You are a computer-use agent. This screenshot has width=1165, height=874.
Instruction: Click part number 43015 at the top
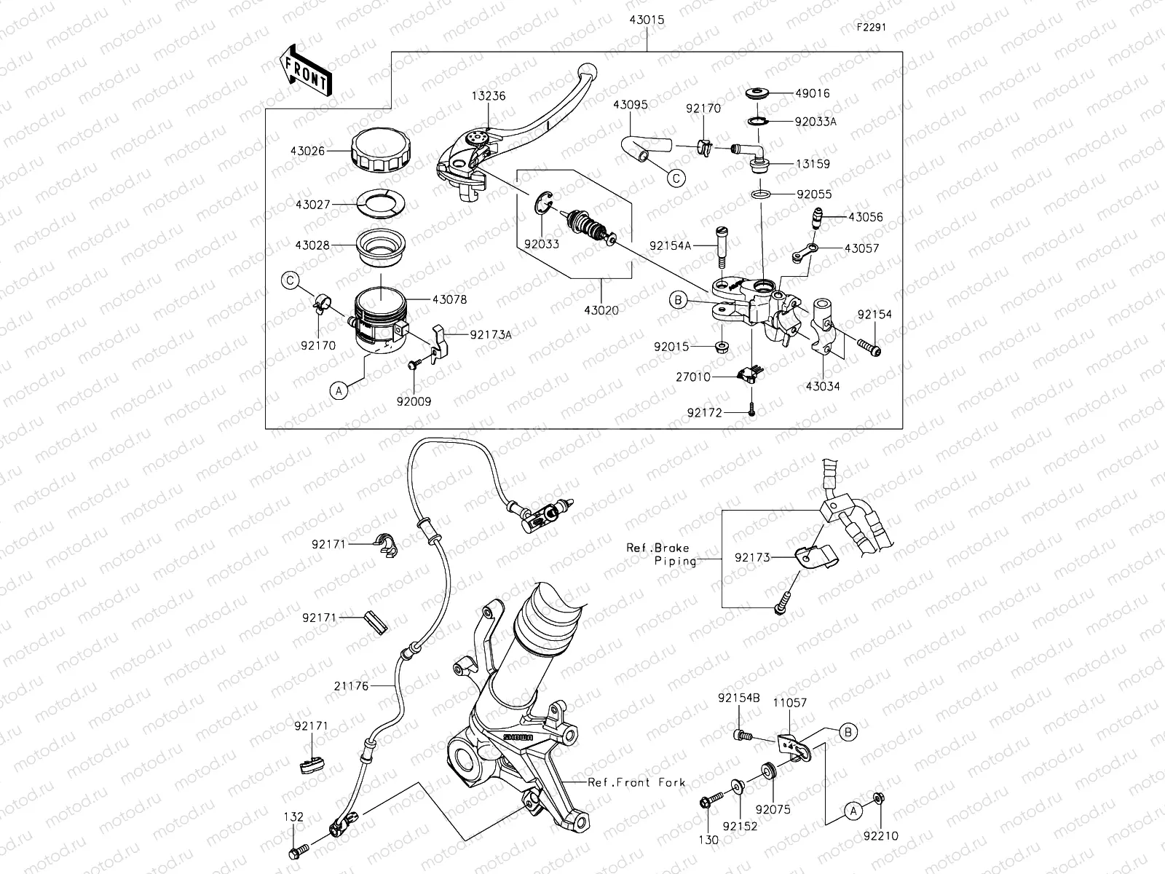click(647, 20)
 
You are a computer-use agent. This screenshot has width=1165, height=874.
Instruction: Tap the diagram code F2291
click(871, 28)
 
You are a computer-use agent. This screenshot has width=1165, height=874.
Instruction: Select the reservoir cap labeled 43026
click(380, 152)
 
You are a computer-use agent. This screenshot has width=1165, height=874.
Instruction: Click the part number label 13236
click(488, 95)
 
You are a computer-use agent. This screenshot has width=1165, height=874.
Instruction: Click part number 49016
click(812, 93)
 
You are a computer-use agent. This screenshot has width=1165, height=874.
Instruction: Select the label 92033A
click(815, 122)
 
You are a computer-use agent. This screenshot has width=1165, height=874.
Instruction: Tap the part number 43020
click(601, 310)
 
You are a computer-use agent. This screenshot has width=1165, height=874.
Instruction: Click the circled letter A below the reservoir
click(339, 391)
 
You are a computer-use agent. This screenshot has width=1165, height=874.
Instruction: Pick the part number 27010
click(693, 377)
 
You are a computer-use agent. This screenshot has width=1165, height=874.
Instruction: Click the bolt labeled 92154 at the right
click(868, 350)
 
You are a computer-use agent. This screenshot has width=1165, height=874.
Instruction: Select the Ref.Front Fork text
click(637, 782)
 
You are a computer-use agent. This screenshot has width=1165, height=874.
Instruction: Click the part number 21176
click(352, 685)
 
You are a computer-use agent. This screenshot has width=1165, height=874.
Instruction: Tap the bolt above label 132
click(299, 849)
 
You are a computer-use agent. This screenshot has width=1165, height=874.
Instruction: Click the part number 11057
click(789, 703)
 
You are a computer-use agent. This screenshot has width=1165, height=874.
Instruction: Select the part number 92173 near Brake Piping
click(752, 557)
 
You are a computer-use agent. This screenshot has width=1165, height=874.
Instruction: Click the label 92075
click(773, 809)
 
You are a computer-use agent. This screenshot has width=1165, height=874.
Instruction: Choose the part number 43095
click(631, 105)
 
